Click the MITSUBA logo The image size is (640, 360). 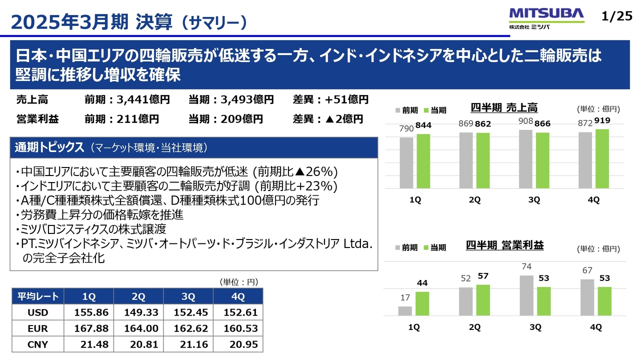546,17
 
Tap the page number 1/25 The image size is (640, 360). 617,16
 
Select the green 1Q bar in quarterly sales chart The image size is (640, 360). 423,161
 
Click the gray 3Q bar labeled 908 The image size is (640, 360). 525,159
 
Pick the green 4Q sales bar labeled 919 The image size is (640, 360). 602,158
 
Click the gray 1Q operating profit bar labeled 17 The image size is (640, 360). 405,311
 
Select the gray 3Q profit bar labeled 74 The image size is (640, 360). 525,295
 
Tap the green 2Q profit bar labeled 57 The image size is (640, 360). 483,300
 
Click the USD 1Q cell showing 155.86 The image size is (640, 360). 88,312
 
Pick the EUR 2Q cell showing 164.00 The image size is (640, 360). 138,328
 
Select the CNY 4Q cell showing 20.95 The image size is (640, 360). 238,344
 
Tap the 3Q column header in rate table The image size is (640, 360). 188,296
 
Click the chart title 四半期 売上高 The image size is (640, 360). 504,107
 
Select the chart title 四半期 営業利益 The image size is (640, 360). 504,245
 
